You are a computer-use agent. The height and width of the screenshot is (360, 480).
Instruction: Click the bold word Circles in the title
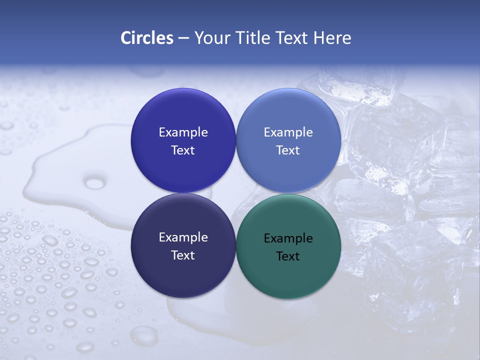(146, 38)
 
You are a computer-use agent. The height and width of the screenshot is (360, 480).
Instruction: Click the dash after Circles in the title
(183, 38)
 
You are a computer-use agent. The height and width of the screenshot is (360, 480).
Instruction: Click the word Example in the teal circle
(288, 238)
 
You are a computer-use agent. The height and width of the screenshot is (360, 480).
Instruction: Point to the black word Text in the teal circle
(288, 256)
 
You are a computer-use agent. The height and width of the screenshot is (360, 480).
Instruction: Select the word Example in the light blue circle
(288, 132)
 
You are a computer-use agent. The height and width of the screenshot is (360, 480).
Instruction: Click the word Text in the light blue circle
(288, 150)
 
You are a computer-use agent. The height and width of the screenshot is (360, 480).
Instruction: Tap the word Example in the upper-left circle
(183, 132)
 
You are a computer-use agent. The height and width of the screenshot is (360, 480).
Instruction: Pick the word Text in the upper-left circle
(183, 150)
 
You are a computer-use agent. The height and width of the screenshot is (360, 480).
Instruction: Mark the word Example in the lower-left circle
(183, 237)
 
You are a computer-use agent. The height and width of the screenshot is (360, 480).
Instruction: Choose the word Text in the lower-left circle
(183, 255)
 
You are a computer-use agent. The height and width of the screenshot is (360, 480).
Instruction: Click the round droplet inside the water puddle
(95, 183)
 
